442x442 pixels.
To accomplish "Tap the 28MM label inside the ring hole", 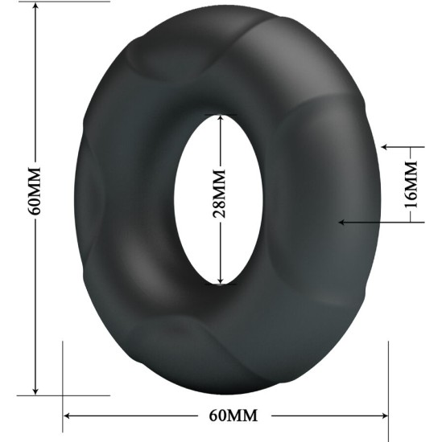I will point(219,198).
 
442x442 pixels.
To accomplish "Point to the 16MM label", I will point(411,185).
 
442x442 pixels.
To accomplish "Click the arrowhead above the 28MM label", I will point(219,118).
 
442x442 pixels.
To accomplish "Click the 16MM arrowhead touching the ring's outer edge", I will point(386,148).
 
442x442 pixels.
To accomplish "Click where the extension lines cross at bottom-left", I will point(63,395).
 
